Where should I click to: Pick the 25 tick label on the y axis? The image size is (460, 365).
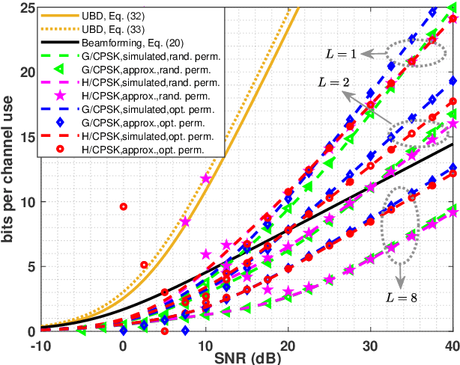26,8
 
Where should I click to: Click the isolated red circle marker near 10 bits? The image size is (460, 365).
124,206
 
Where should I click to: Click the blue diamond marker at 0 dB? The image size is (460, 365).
124,329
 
